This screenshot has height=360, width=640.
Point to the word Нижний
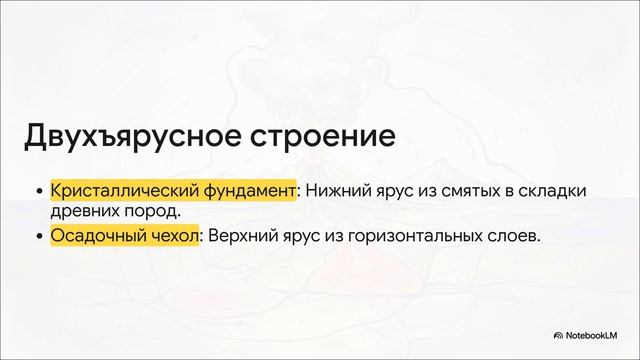[337, 190]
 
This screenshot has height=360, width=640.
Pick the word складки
[552, 190]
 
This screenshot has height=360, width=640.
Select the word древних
[82, 211]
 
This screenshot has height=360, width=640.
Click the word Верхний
[241, 237]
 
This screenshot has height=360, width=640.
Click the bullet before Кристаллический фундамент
[39, 190]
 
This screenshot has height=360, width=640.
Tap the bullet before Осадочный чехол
[39, 237]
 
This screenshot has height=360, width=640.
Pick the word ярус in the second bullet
[303, 237]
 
